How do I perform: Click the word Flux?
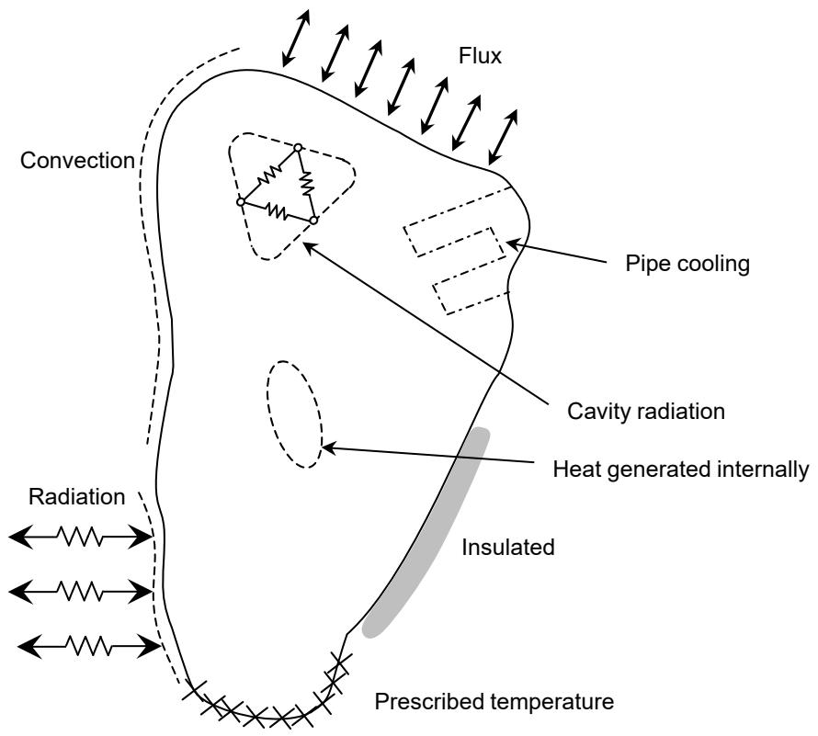480,56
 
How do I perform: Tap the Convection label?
78,161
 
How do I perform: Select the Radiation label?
76,497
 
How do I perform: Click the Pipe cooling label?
687,264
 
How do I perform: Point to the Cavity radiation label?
646,412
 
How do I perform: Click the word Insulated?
508,548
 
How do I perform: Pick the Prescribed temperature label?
494,702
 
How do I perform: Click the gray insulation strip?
426,533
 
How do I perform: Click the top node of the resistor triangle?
298,148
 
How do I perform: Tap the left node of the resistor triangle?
241,202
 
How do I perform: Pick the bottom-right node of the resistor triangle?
313,221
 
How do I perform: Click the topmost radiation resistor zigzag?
80,537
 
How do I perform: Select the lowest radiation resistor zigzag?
88,646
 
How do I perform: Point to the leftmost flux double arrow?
296,38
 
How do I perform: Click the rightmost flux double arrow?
503,138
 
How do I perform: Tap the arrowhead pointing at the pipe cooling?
512,243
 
